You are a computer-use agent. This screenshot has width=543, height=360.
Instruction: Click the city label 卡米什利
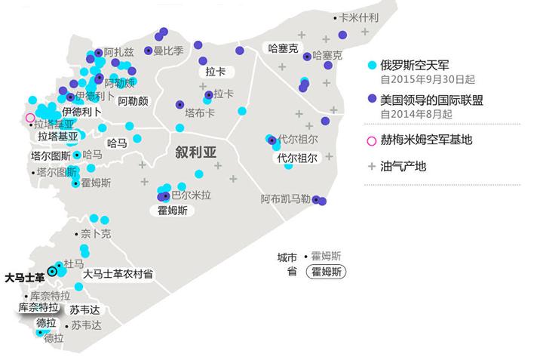coord(359,17)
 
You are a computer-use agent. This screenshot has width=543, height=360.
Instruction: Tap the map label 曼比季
coord(168,51)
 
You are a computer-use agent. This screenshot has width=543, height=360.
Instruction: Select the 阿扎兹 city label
coord(119,52)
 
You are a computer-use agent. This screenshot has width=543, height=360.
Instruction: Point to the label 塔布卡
coord(200,113)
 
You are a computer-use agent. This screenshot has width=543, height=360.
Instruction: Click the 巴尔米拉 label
coord(191,195)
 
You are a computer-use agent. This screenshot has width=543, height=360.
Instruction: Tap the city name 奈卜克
coord(96,234)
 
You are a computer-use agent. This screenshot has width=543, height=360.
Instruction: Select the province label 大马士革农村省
coord(118,274)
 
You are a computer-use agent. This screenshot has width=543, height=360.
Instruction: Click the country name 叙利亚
coord(196,152)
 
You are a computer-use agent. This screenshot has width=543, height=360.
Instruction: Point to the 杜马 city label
coord(74,263)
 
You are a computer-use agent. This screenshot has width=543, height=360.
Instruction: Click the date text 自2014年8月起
coord(416,114)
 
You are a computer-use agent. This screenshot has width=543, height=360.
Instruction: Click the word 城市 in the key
coord(287,257)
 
